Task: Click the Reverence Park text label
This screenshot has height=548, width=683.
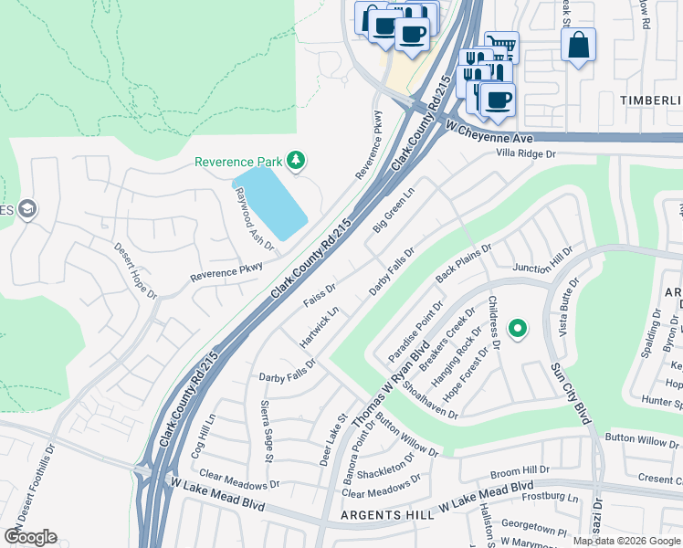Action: coord(237,162)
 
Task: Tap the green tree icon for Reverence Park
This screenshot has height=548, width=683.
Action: coord(295,162)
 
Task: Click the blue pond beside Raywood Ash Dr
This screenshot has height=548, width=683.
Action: coord(269,203)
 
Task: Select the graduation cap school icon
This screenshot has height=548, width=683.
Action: coord(26,209)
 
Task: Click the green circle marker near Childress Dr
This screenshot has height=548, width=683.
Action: coord(517,327)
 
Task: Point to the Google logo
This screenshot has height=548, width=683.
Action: coord(30,536)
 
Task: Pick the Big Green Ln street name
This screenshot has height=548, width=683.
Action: coord(393,210)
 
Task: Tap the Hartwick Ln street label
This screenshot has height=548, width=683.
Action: coord(320,326)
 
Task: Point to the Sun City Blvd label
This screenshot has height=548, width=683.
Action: coord(570,393)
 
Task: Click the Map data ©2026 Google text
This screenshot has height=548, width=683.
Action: coord(625,541)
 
